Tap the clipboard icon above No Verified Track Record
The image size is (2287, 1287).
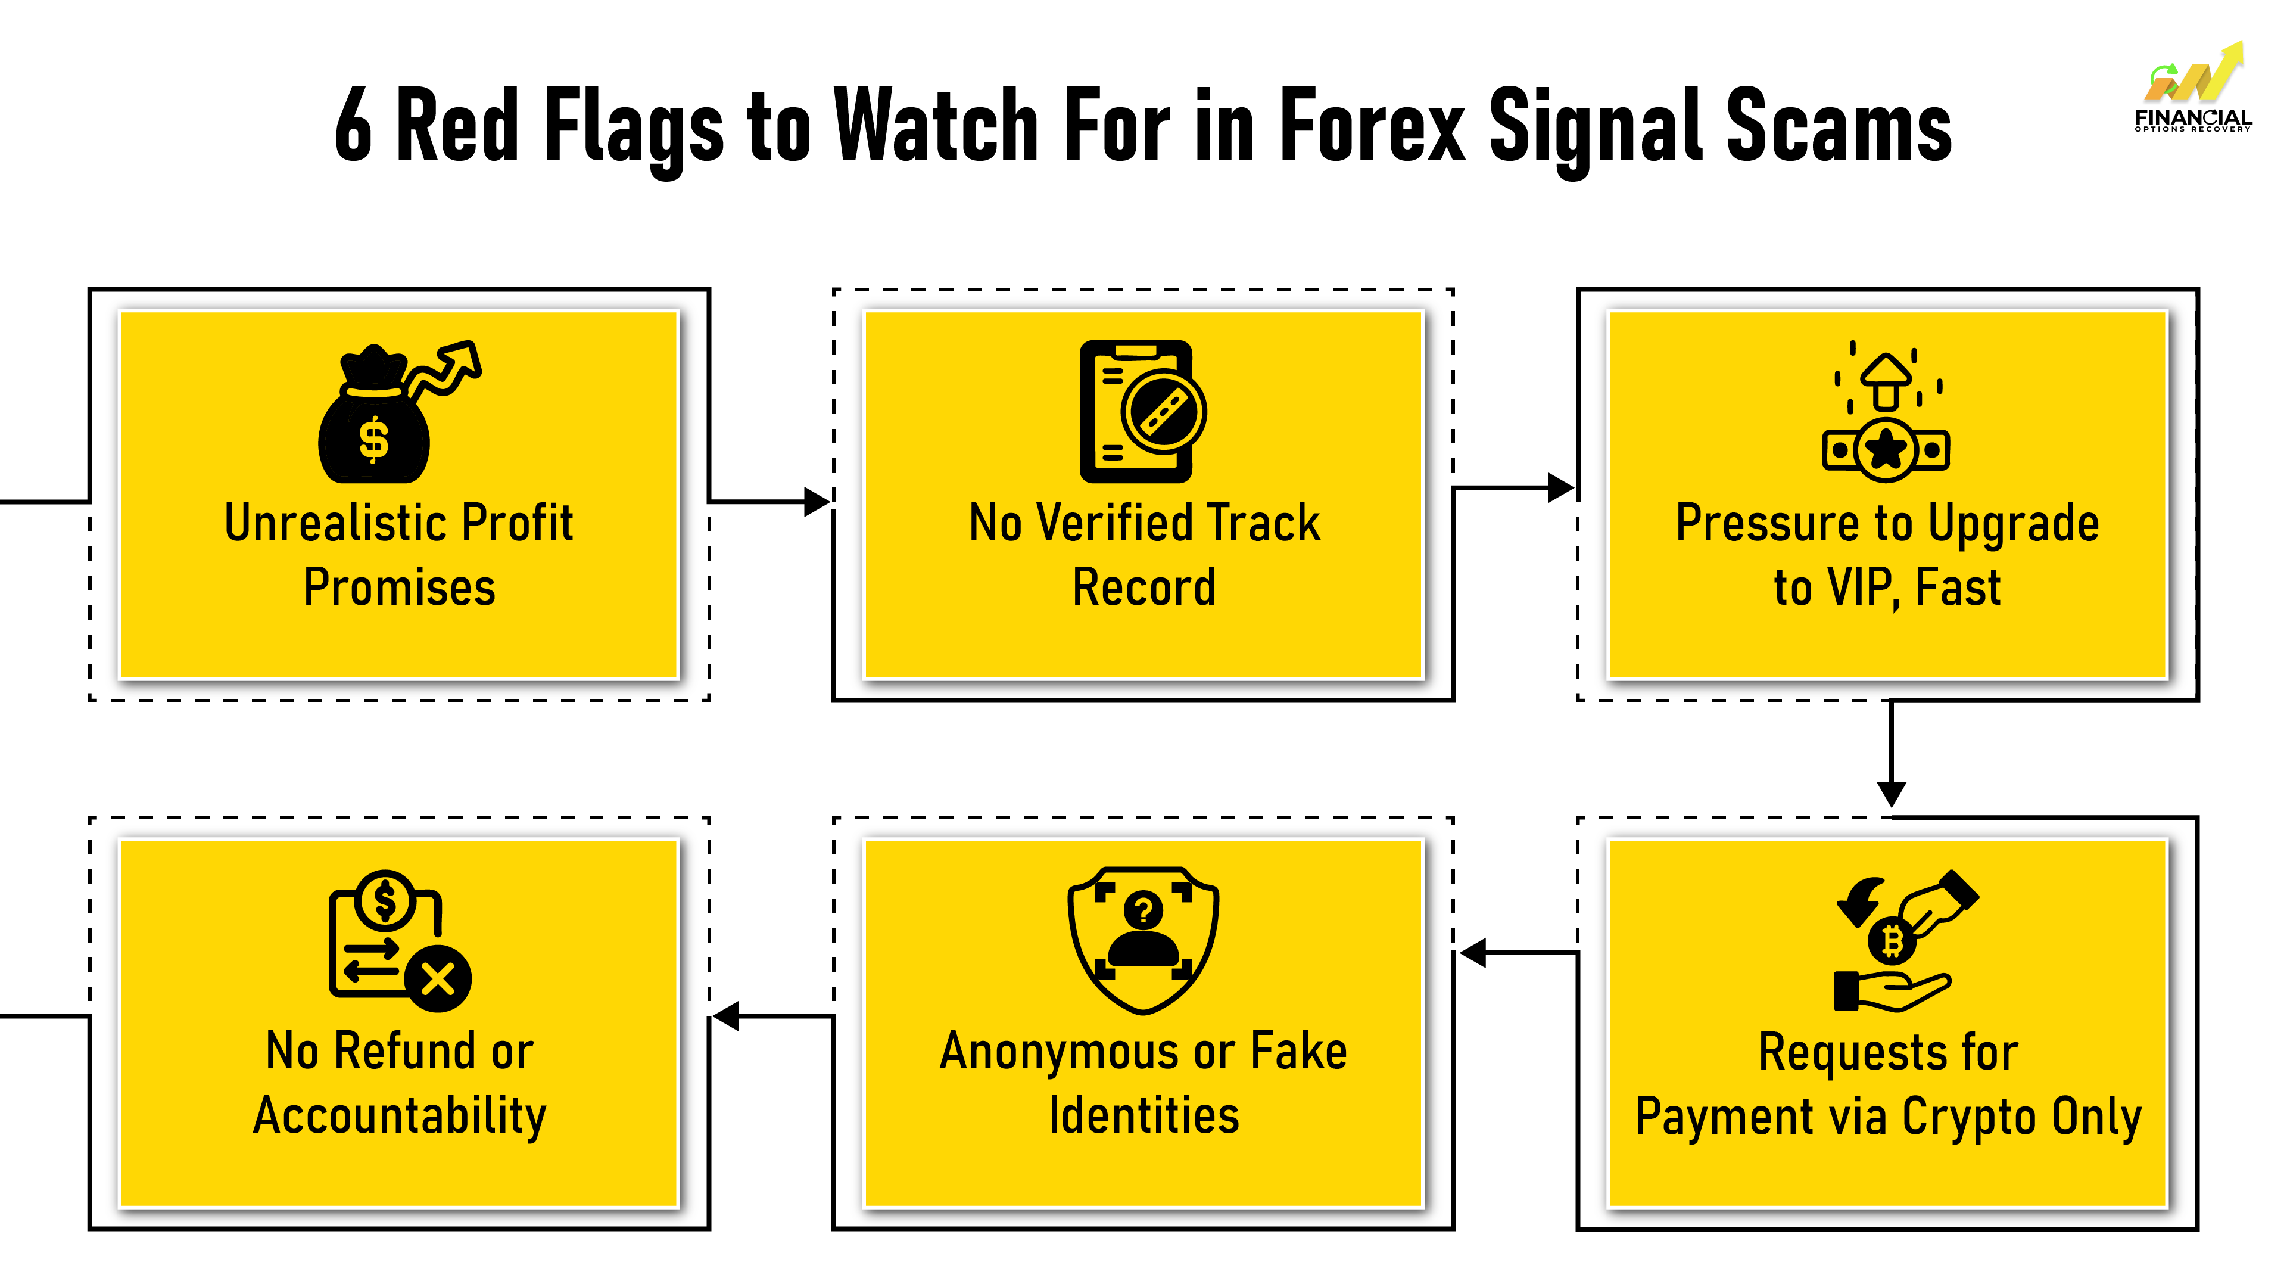1136,411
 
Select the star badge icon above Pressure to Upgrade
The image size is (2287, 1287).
1885,449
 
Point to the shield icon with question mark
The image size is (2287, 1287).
1143,940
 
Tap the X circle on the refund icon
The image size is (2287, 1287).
438,980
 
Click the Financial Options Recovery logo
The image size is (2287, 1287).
2193,89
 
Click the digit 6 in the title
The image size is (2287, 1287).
353,127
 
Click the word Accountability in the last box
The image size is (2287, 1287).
400,1117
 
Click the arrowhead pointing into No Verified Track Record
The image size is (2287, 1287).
817,502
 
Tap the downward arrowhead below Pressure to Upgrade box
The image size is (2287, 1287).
1891,793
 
